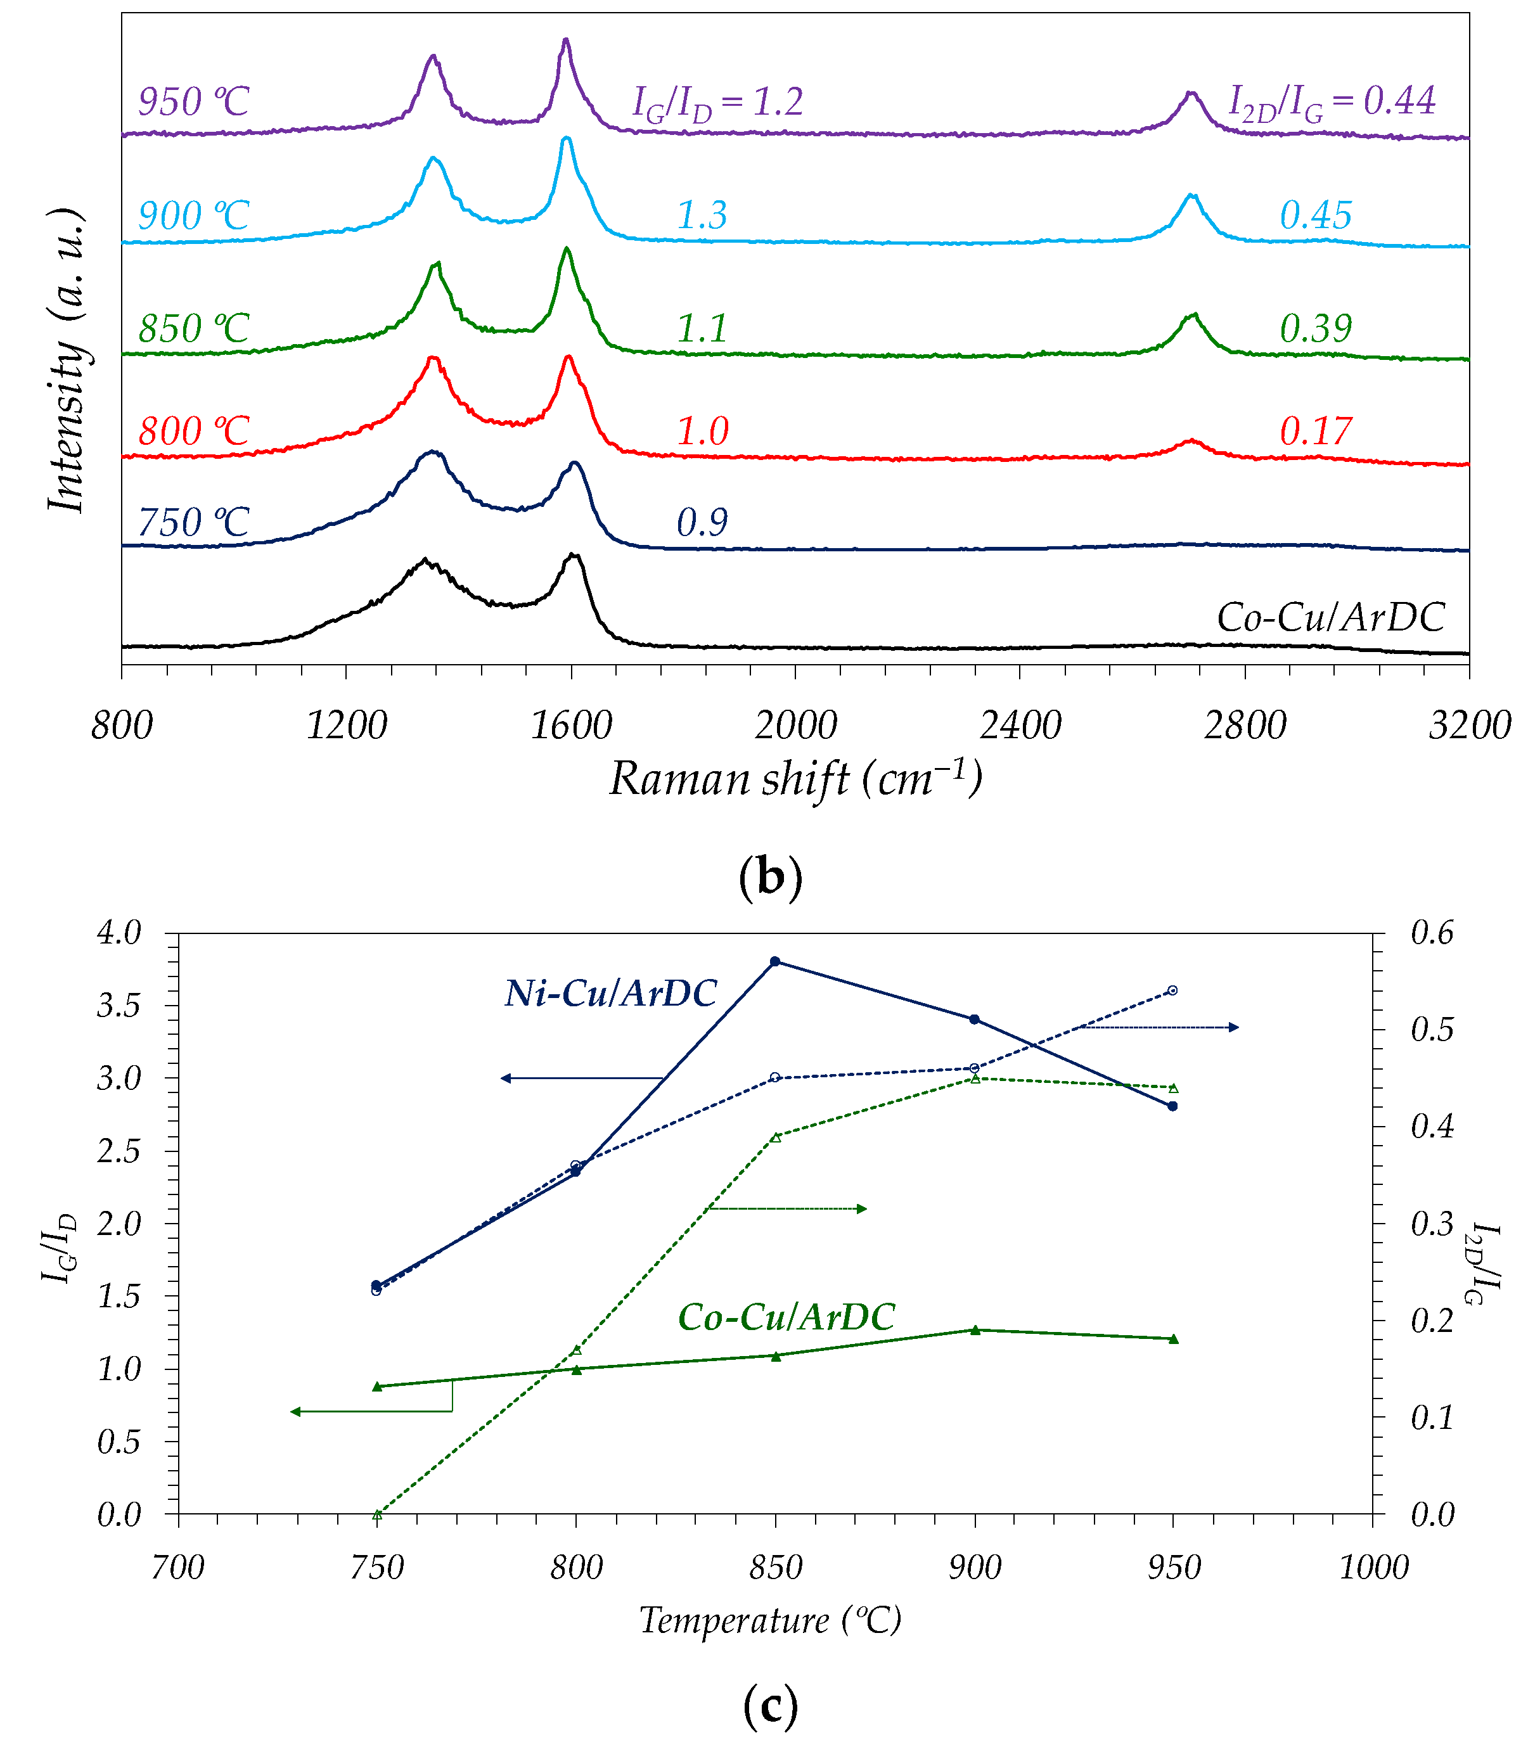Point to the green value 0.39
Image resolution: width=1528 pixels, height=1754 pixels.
coord(1316,329)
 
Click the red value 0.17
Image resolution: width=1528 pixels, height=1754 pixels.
coord(1316,432)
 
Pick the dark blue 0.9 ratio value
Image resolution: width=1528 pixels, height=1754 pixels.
coord(702,523)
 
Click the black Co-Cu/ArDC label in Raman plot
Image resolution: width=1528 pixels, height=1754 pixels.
coord(1330,617)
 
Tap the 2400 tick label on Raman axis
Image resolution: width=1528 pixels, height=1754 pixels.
coord(1020,726)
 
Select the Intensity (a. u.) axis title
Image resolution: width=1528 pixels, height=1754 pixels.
coord(68,360)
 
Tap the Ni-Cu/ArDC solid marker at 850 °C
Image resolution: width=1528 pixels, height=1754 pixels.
coord(775,962)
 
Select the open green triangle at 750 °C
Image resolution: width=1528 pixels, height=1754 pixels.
coord(377,1514)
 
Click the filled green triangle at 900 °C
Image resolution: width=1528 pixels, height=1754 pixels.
coord(975,1329)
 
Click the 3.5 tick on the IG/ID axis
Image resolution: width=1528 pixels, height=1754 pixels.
coord(119,1006)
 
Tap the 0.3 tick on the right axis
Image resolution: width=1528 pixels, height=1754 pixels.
coord(1432,1224)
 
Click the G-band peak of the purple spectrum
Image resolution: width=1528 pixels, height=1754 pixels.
coord(565,40)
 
